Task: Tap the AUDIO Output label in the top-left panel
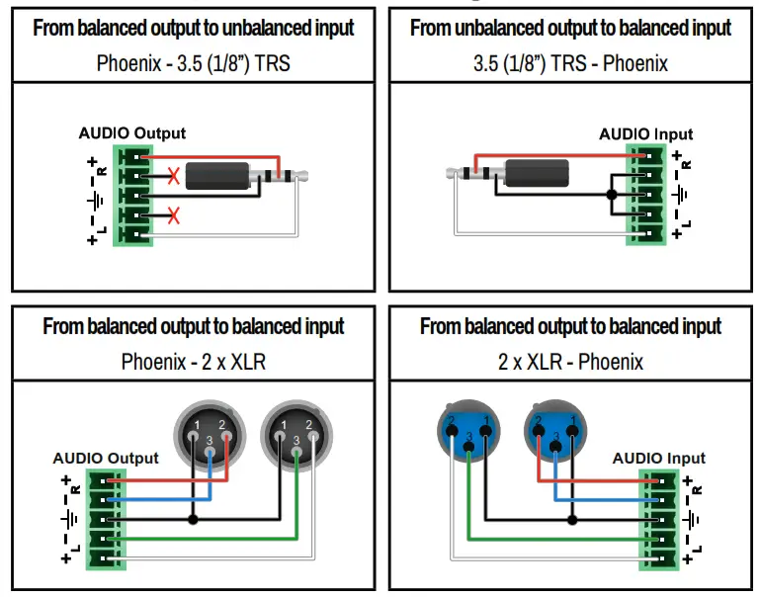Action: [x=132, y=133]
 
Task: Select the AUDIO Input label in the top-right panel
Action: [x=645, y=134]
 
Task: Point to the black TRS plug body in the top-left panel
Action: [x=218, y=178]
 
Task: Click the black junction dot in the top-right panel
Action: [x=612, y=195]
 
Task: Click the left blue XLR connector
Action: [x=468, y=431]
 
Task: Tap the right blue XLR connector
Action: [x=554, y=431]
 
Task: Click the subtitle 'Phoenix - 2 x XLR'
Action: [x=193, y=361]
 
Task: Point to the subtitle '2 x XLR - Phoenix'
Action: [x=570, y=361]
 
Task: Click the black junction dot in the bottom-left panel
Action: [x=193, y=519]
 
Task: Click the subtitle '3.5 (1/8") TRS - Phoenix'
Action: [x=570, y=64]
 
